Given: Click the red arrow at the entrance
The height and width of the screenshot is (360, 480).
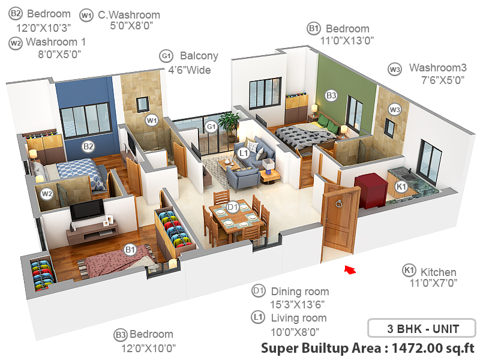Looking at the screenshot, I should click(349, 271).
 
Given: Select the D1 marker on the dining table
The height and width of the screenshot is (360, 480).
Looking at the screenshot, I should click(233, 208).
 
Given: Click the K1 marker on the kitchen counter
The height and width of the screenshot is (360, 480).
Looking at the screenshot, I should click(401, 187).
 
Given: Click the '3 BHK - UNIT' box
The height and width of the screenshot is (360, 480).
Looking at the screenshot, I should click(421, 329).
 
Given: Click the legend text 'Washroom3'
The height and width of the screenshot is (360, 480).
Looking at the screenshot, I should click(437, 68).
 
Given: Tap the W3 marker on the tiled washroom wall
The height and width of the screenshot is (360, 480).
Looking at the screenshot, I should click(394, 110).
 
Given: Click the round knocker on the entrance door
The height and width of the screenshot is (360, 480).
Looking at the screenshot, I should click(339, 203).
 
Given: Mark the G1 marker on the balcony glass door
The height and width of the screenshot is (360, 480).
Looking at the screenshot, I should click(211, 127).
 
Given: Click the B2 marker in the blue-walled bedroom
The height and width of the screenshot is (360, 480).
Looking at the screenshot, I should click(88, 146).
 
